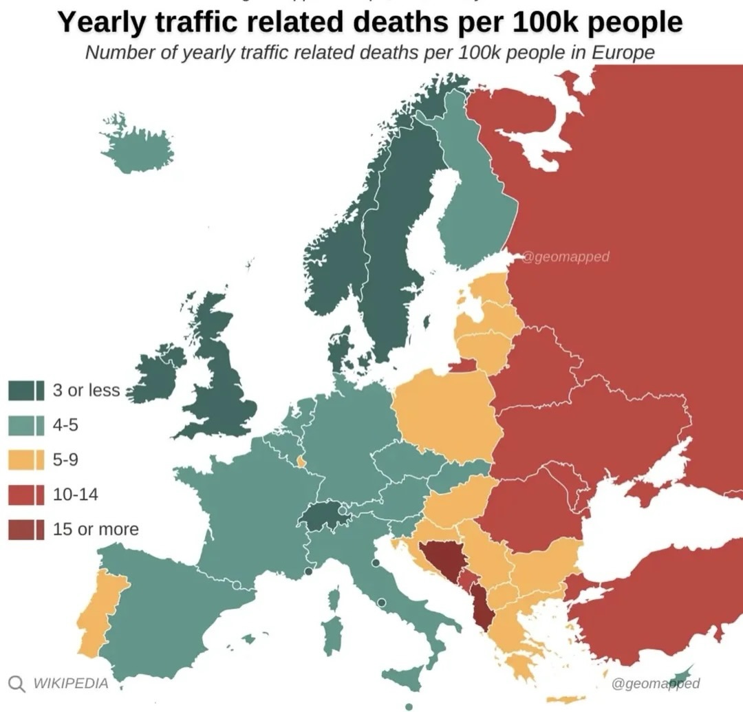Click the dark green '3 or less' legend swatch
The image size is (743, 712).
[x=26, y=390]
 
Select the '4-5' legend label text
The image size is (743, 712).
[x=66, y=425]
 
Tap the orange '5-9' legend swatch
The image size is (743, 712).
[x=26, y=460]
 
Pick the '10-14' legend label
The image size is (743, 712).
[x=75, y=494]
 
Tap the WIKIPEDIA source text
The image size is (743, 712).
[x=71, y=683]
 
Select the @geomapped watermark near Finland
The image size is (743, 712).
[x=566, y=257]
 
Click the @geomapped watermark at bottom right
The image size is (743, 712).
[x=655, y=683]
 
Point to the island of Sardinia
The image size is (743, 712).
[x=332, y=633]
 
